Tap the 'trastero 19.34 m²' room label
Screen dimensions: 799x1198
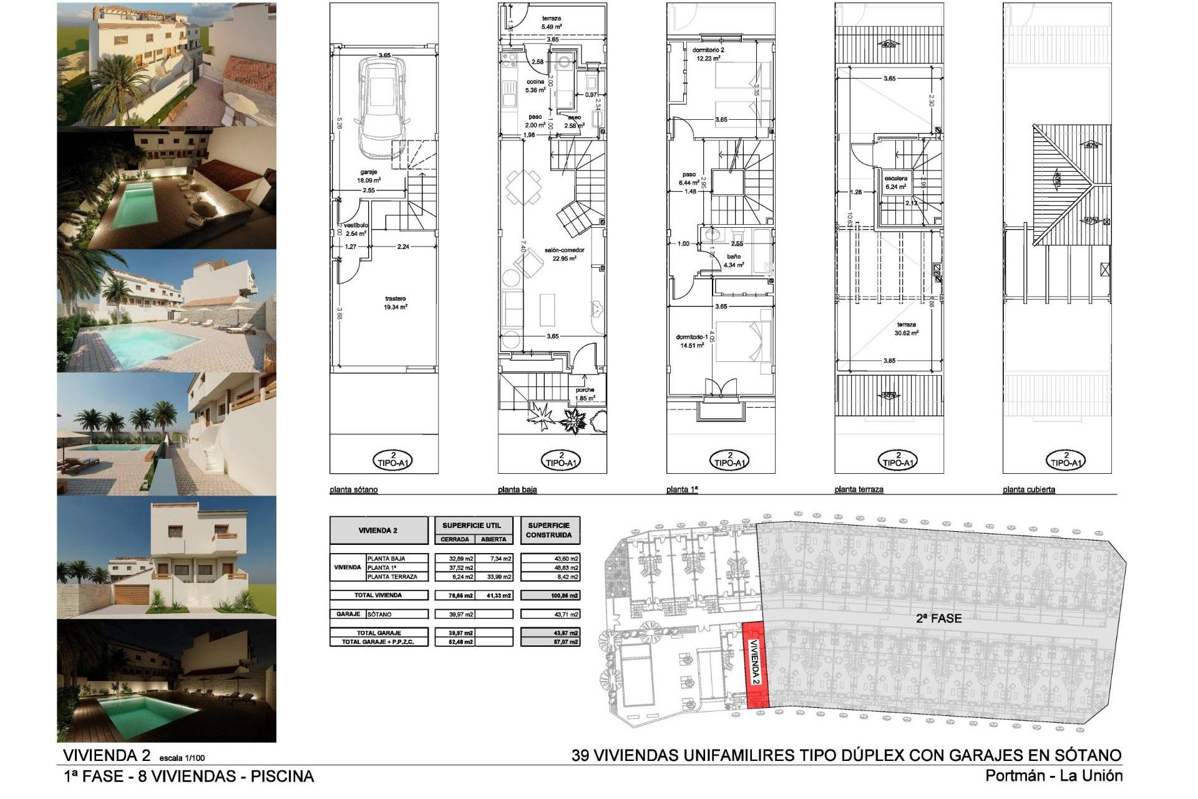[x=396, y=303]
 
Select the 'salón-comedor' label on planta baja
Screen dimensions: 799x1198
[x=563, y=253]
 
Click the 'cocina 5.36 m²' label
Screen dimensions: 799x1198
[x=535, y=86]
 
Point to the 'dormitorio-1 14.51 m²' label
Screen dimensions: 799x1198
[x=691, y=341]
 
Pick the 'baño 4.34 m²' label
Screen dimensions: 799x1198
[x=734, y=260]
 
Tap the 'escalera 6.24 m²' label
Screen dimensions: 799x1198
[x=895, y=182]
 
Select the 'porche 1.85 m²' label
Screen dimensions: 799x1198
[x=585, y=394]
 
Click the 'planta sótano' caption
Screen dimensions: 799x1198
[x=353, y=490]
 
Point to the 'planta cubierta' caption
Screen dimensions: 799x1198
[x=1028, y=490]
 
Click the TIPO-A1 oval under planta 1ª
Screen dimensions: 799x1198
[x=729, y=460]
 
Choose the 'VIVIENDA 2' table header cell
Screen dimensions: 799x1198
[x=378, y=531]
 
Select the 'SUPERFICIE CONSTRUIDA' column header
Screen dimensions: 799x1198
[x=549, y=530]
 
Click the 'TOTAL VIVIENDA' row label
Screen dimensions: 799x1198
[x=378, y=595]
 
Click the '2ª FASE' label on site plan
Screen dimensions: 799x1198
[x=938, y=619]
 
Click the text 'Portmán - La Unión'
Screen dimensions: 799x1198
[x=1054, y=776]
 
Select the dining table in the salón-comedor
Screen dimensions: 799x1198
[x=519, y=187]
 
